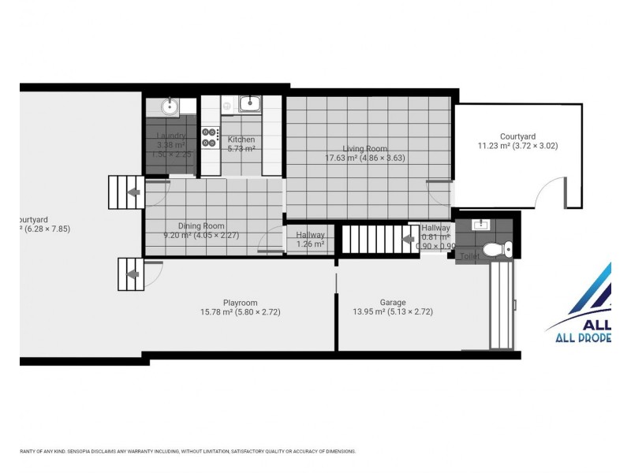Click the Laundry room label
170,136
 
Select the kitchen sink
249,103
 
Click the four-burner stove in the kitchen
210,137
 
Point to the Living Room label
364,148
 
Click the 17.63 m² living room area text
364,158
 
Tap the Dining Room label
201,225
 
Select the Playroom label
240,302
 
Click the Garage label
392,302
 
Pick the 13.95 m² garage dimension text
392,312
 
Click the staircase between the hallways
371,239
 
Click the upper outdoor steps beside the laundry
124,192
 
